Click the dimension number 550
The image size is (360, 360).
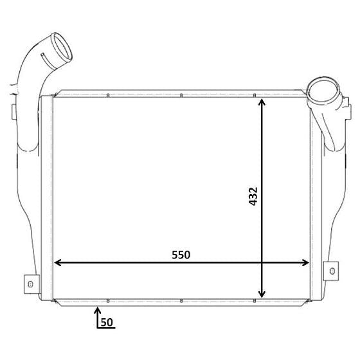click(x=181, y=255)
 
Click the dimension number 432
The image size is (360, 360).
click(x=253, y=196)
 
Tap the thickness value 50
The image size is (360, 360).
click(x=107, y=322)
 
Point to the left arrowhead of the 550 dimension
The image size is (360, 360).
click(x=57, y=262)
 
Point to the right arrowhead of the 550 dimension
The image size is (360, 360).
click(x=305, y=263)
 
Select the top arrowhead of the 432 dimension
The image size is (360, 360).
click(x=262, y=102)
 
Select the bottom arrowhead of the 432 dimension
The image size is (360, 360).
click(x=262, y=294)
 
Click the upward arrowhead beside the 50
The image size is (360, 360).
click(x=98, y=310)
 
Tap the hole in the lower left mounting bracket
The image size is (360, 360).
click(x=30, y=284)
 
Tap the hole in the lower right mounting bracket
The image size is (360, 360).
click(x=332, y=271)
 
